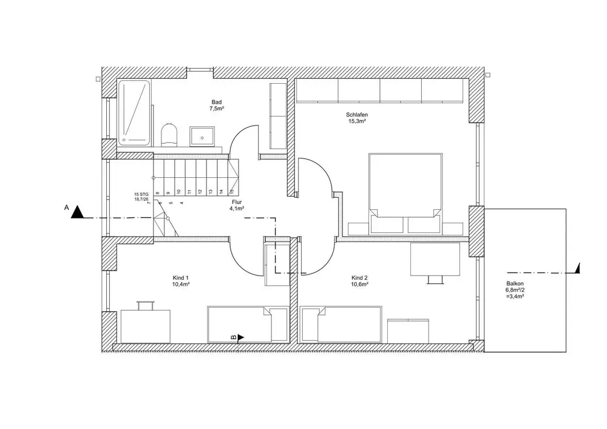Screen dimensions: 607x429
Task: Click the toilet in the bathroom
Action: (169, 134)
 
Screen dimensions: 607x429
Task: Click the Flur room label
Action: (237, 202)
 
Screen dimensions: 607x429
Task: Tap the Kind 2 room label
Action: (359, 278)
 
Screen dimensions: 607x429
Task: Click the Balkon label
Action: (515, 283)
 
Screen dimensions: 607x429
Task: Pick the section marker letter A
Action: (66, 208)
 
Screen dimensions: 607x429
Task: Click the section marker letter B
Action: (233, 336)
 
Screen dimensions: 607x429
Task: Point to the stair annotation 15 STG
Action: (141, 194)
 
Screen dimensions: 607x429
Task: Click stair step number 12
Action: (199, 192)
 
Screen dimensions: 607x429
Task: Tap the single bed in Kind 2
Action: (343, 324)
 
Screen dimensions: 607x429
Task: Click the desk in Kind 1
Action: (146, 325)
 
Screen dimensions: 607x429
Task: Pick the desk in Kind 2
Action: (435, 259)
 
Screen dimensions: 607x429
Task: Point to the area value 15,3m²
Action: (357, 121)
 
